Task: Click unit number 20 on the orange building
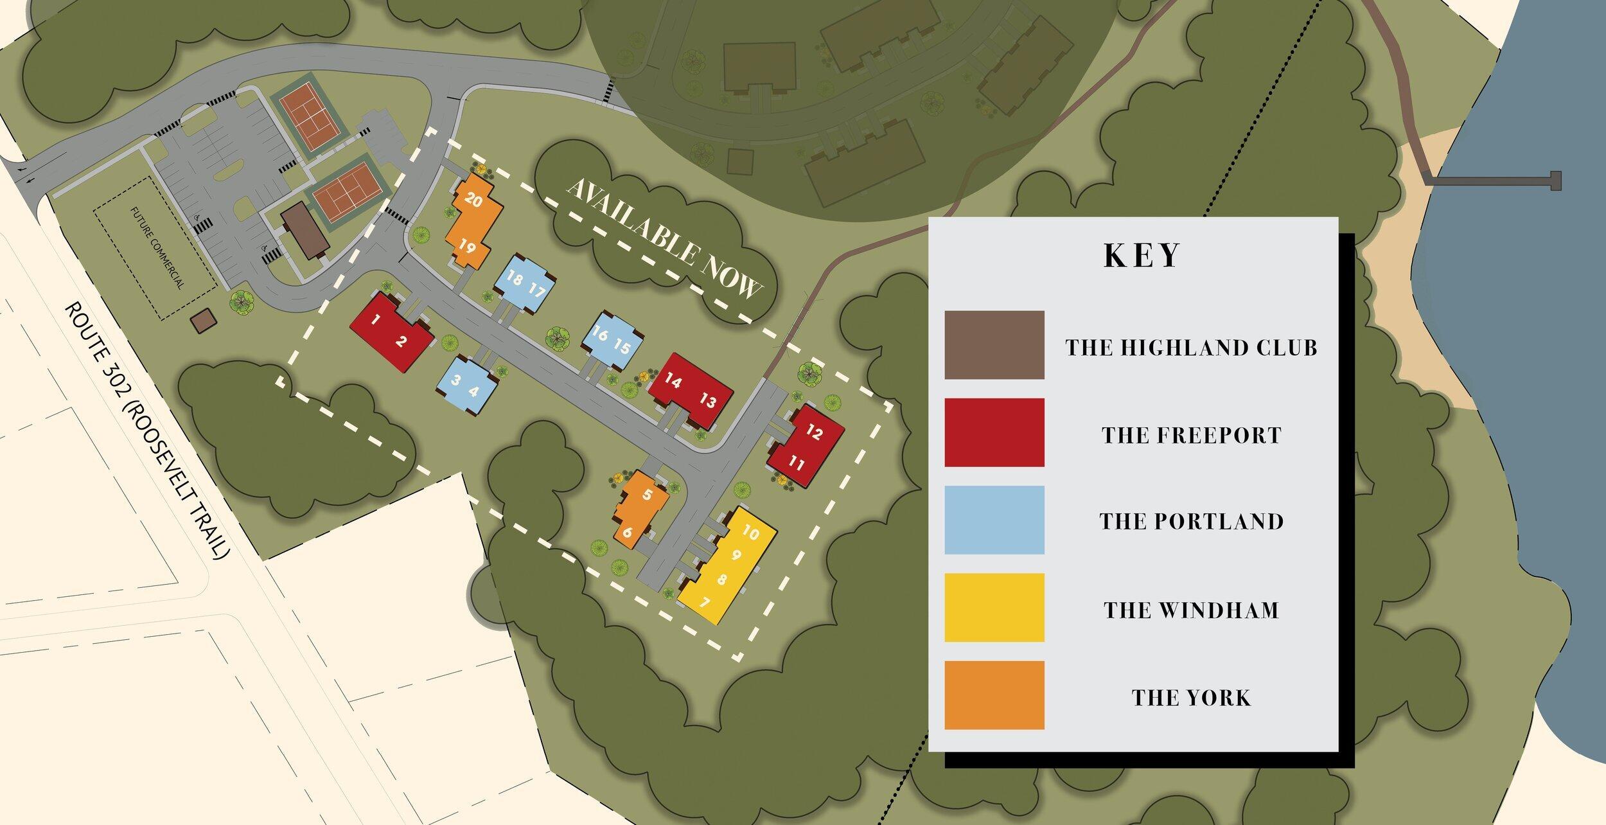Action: pyautogui.click(x=473, y=200)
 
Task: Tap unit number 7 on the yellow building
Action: pyautogui.click(x=705, y=603)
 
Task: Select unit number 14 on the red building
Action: pyautogui.click(x=673, y=381)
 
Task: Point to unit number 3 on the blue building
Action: pyautogui.click(x=455, y=380)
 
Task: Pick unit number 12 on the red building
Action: pyautogui.click(x=814, y=432)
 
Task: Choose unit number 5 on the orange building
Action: pyautogui.click(x=647, y=494)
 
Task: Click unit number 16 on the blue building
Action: pyautogui.click(x=599, y=333)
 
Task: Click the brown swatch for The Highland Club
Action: pyautogui.click(x=994, y=345)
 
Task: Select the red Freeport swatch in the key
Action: pyautogui.click(x=994, y=432)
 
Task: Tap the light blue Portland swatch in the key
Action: pyautogui.click(x=994, y=520)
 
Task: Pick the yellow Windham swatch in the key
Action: pyautogui.click(x=994, y=607)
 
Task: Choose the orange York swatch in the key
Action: pyautogui.click(x=994, y=695)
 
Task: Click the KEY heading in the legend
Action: pyautogui.click(x=1142, y=255)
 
